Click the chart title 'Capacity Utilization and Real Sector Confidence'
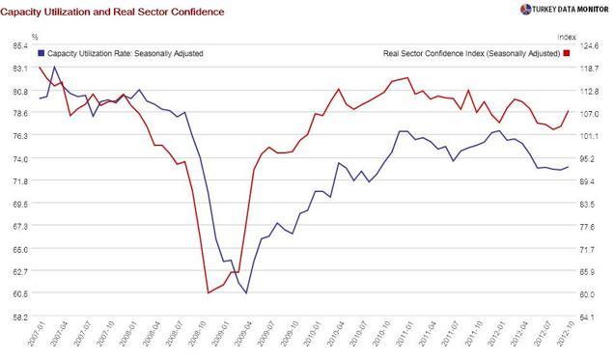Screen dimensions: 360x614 114,12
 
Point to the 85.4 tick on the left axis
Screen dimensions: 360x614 16,45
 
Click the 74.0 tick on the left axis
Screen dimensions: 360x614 16,158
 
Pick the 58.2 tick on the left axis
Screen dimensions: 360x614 16,316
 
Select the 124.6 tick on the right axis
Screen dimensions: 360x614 592,45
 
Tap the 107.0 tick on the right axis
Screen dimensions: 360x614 592,113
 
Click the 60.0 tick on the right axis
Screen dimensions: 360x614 592,293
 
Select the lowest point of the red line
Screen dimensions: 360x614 209,292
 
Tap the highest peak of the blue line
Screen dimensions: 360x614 54,67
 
